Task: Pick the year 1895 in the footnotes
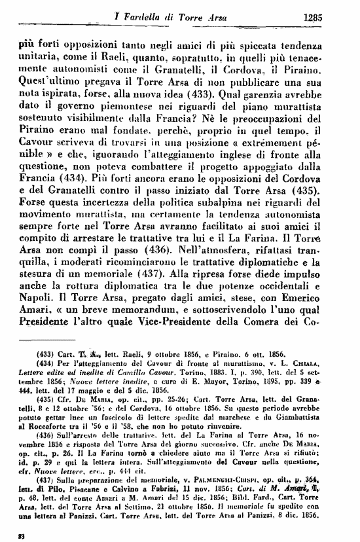tap(281, 380)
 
